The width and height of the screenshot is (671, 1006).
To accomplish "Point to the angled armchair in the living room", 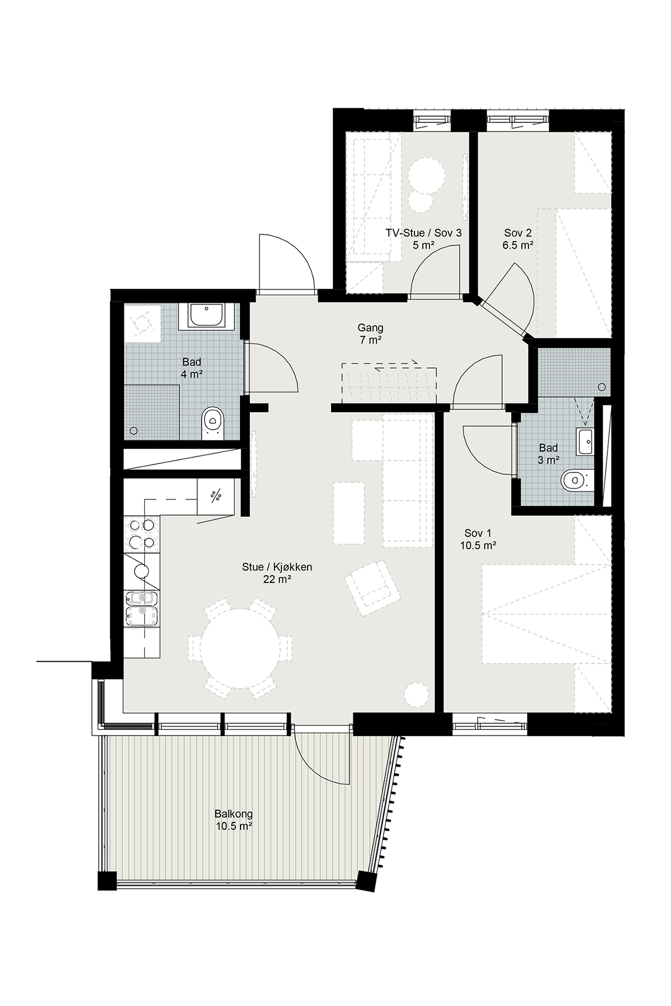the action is [372, 589].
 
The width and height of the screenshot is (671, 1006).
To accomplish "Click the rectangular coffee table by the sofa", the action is [349, 513].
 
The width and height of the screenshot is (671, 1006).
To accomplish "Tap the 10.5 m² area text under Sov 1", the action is [479, 545].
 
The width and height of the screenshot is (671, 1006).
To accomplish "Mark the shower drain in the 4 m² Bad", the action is [134, 430].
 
